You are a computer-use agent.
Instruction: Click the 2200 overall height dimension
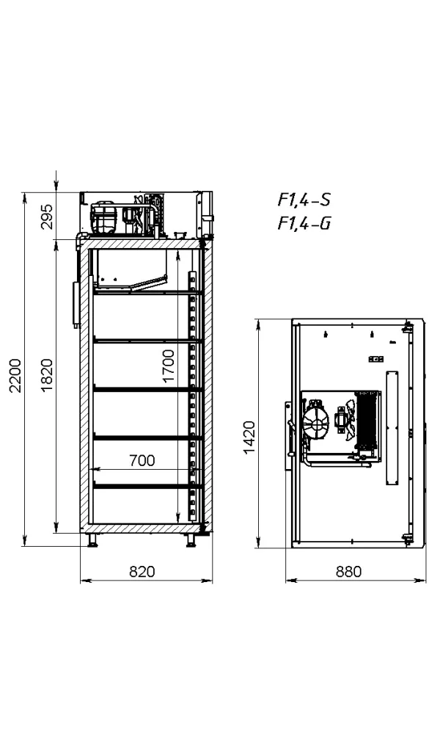click(x=15, y=375)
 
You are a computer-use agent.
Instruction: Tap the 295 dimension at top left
click(x=47, y=217)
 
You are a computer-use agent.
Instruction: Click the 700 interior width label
click(x=142, y=461)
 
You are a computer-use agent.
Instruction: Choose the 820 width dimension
click(x=142, y=572)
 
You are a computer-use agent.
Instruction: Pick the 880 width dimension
click(x=348, y=572)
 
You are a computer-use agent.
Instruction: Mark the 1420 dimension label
click(x=249, y=437)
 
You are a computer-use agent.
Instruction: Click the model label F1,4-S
click(x=304, y=200)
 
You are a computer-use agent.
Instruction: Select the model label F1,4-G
click(x=304, y=223)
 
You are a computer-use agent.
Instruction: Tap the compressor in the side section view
click(x=104, y=218)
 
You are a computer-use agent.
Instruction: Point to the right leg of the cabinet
click(x=191, y=539)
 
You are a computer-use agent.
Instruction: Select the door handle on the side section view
click(x=76, y=302)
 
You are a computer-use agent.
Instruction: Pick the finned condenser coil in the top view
click(x=366, y=419)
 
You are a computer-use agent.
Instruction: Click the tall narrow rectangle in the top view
click(x=392, y=428)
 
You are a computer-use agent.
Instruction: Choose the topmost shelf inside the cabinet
click(x=147, y=293)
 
